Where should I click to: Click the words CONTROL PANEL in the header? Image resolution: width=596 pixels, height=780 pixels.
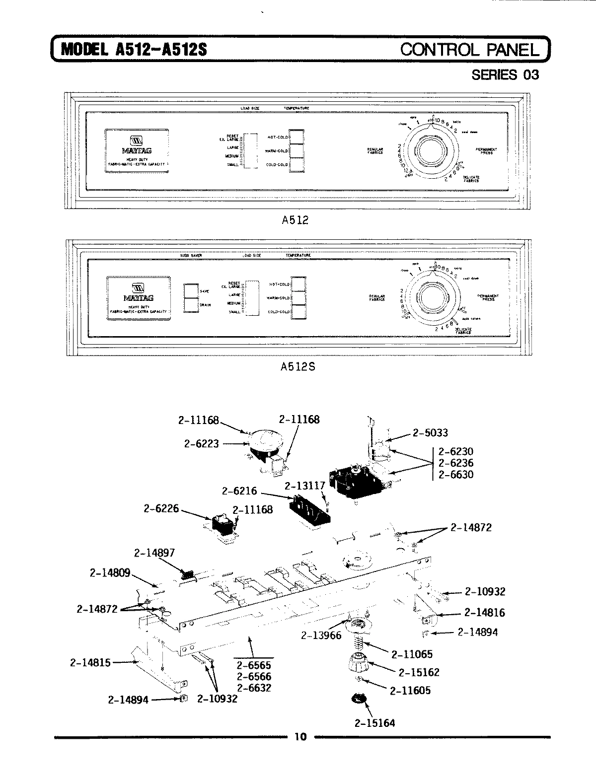pyautogui.click(x=469, y=50)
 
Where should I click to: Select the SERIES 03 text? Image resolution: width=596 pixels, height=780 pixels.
pyautogui.click(x=505, y=75)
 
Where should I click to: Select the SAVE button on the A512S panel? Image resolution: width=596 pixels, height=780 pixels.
pyautogui.click(x=191, y=291)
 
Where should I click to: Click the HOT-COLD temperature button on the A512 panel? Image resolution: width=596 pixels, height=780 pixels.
pyautogui.click(x=296, y=137)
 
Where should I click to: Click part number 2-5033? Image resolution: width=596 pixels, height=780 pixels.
pyautogui.click(x=430, y=433)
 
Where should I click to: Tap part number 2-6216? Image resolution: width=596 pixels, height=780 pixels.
pyautogui.click(x=239, y=491)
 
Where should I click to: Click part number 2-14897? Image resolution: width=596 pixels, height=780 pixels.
pyautogui.click(x=154, y=553)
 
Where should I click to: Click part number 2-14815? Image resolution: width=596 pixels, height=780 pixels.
pyautogui.click(x=90, y=662)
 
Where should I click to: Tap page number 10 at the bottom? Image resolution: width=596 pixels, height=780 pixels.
pyautogui.click(x=300, y=736)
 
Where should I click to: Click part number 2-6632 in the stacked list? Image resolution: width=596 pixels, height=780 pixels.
pyautogui.click(x=254, y=688)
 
